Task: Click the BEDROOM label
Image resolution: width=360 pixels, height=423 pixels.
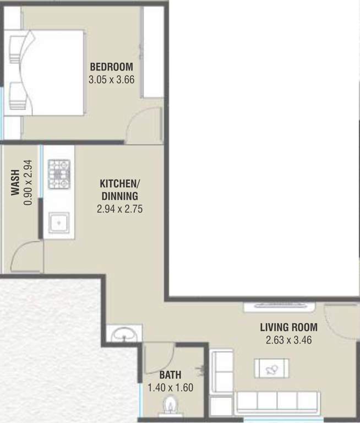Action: (111, 67)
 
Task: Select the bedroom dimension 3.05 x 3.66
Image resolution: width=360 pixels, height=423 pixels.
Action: (111, 80)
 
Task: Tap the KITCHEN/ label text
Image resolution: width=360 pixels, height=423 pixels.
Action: (120, 183)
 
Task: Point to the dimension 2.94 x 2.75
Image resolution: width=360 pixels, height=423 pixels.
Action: (120, 209)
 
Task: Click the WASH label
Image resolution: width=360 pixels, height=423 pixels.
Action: (15, 182)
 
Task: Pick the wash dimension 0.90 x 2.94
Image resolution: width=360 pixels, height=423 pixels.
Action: (28, 183)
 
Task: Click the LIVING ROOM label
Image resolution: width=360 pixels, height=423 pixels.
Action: (289, 327)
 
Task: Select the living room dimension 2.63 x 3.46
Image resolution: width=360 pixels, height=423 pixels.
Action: (289, 340)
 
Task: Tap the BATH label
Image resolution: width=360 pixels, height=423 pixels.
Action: (170, 375)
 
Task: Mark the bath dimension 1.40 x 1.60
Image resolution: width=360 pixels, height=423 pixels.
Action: (171, 388)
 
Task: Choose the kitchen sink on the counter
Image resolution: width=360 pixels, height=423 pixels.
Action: (59, 223)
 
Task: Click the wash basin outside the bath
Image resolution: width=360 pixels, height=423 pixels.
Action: (124, 334)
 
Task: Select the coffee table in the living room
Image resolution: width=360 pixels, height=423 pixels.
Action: (271, 368)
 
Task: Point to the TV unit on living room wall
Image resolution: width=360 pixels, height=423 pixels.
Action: (280, 307)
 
